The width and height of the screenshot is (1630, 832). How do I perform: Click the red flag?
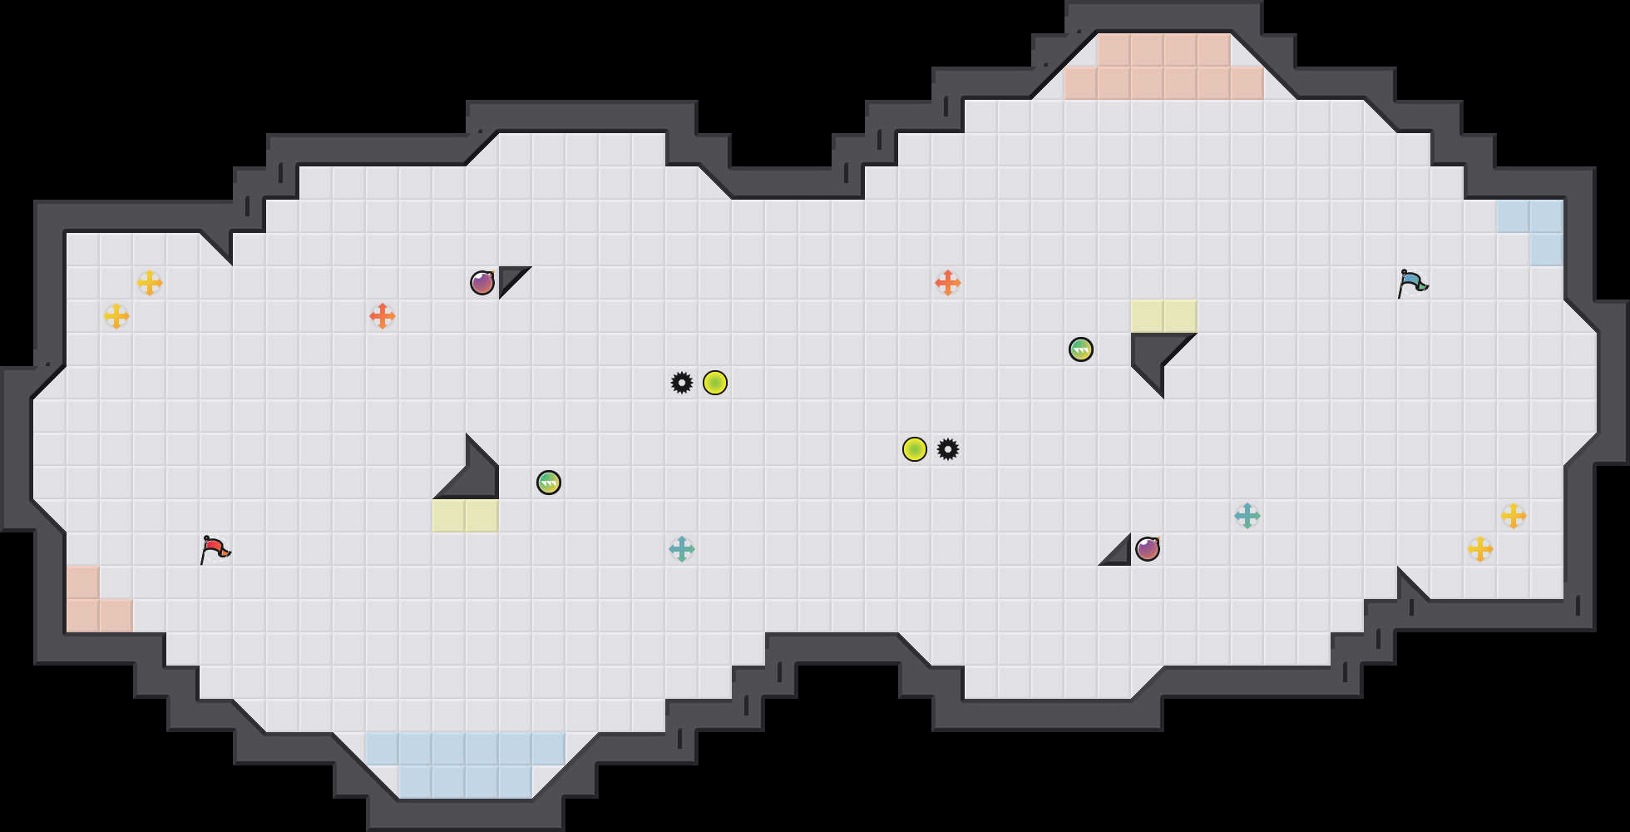point(215,549)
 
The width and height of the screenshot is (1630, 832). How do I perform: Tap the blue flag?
point(1412,283)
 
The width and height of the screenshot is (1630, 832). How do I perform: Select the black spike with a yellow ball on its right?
point(682,383)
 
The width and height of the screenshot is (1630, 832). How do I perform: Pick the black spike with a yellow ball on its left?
point(948,449)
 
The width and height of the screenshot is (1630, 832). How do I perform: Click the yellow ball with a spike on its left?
point(715,383)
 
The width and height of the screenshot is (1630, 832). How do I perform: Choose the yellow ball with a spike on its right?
point(915,449)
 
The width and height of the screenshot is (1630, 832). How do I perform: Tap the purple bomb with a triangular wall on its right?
point(482,283)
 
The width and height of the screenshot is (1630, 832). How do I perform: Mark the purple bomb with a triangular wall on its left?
point(1148,549)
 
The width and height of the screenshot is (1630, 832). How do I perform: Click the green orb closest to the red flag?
point(549,483)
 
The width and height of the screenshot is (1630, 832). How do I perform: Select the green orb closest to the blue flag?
point(1081,349)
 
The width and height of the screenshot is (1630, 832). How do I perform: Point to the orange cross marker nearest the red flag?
point(383,316)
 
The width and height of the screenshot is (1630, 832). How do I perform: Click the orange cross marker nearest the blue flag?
point(948,283)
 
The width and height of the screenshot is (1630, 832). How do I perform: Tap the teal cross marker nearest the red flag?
point(682,549)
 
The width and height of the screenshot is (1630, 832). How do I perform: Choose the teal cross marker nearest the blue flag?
point(1247,516)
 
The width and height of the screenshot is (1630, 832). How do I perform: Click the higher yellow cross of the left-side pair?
point(150,283)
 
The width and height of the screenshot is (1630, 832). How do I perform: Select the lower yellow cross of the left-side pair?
point(116,316)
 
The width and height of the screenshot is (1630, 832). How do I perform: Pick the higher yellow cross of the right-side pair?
point(1514,516)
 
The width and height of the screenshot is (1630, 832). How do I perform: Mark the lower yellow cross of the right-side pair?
point(1480,549)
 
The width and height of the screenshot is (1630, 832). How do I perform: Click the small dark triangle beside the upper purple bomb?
point(509,277)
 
